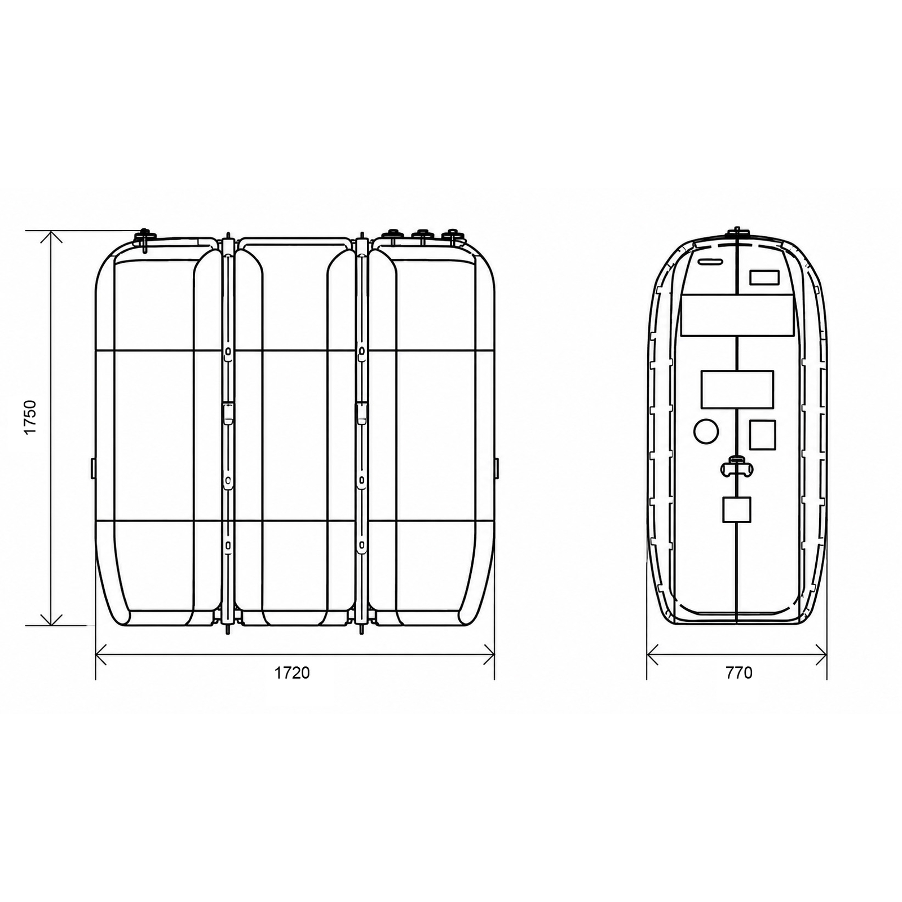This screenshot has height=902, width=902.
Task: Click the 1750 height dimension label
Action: [x=30, y=417]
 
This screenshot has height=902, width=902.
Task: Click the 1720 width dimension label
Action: [x=292, y=673]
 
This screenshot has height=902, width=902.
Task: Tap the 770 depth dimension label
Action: [x=739, y=673]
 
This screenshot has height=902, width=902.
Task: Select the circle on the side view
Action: [x=706, y=431]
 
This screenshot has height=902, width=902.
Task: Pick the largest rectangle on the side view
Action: [x=737, y=315]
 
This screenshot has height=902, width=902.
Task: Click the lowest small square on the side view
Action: [x=737, y=510]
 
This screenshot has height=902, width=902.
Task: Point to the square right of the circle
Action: [x=762, y=435]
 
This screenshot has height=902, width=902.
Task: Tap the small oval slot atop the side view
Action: [x=710, y=262]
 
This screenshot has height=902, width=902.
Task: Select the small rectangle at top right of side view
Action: [x=764, y=277]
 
